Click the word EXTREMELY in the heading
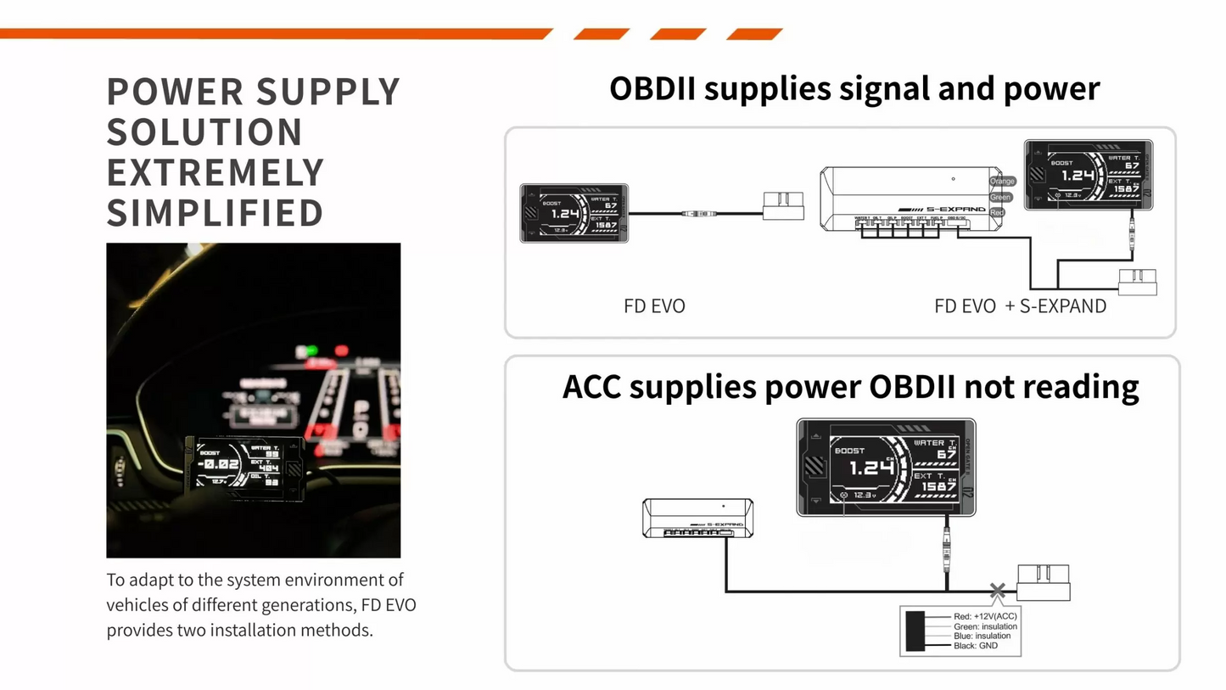pyautogui.click(x=216, y=172)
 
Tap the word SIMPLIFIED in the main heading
pyautogui.click(x=216, y=213)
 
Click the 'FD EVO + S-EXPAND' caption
pyautogui.click(x=1020, y=306)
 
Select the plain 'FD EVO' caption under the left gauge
pyautogui.click(x=654, y=306)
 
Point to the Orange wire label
pyautogui.click(x=1002, y=181)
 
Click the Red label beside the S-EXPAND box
pyautogui.click(x=998, y=212)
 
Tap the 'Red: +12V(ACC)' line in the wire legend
pyautogui.click(x=984, y=616)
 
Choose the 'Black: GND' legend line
pyautogui.click(x=975, y=646)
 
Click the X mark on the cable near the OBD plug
pyautogui.click(x=998, y=591)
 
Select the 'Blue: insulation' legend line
pyautogui.click(x=982, y=636)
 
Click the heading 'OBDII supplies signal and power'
pyautogui.click(x=854, y=88)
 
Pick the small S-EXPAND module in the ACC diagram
pyautogui.click(x=697, y=518)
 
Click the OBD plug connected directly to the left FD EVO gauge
pyautogui.click(x=783, y=205)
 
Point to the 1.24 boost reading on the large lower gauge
pyautogui.click(x=871, y=468)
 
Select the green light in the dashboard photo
pyautogui.click(x=311, y=351)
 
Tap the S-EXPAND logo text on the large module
pyautogui.click(x=954, y=209)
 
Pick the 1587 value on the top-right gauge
pyautogui.click(x=1127, y=188)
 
